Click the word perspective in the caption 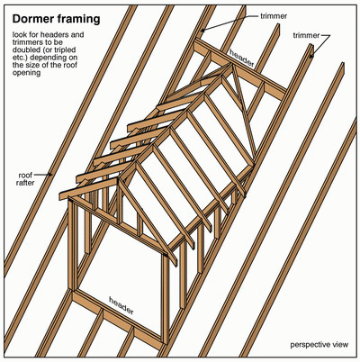[310, 345]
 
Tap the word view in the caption [339, 344]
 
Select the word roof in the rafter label [25, 175]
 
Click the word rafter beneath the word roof [25, 183]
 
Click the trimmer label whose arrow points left [274, 15]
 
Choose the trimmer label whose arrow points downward [306, 35]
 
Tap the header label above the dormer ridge [242, 58]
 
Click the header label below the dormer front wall [121, 305]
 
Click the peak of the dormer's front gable [118, 179]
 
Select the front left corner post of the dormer [71, 244]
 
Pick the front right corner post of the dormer [166, 298]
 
